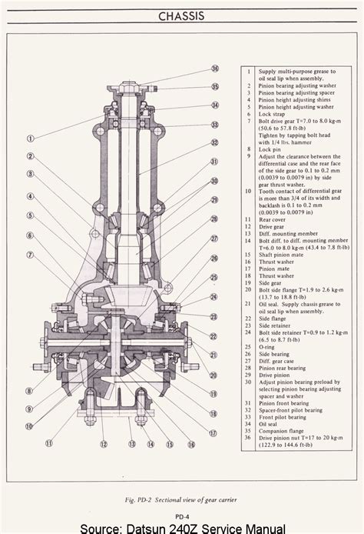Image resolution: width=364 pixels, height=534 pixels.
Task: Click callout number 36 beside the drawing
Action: [215, 68]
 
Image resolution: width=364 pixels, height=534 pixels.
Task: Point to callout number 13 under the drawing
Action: [132, 444]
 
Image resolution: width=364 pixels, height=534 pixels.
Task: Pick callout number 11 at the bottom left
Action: [48, 443]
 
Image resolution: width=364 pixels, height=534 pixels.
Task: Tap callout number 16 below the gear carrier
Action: [191, 444]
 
